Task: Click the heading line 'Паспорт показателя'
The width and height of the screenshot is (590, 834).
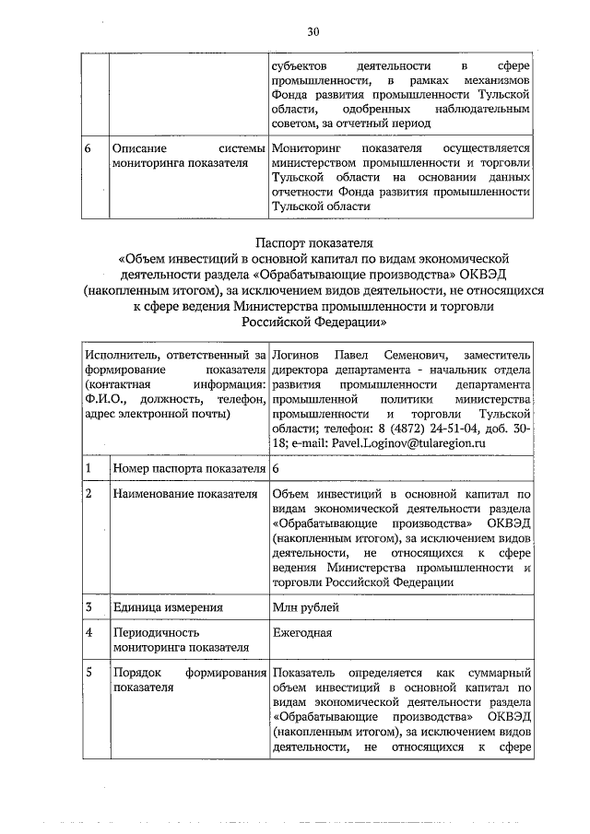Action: point(313,244)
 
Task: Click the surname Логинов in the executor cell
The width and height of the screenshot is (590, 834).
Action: point(293,354)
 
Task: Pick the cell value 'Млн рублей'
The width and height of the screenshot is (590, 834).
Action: point(306,607)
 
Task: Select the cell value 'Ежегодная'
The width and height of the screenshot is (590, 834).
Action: point(302,633)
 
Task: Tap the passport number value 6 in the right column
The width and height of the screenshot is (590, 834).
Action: point(276,468)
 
